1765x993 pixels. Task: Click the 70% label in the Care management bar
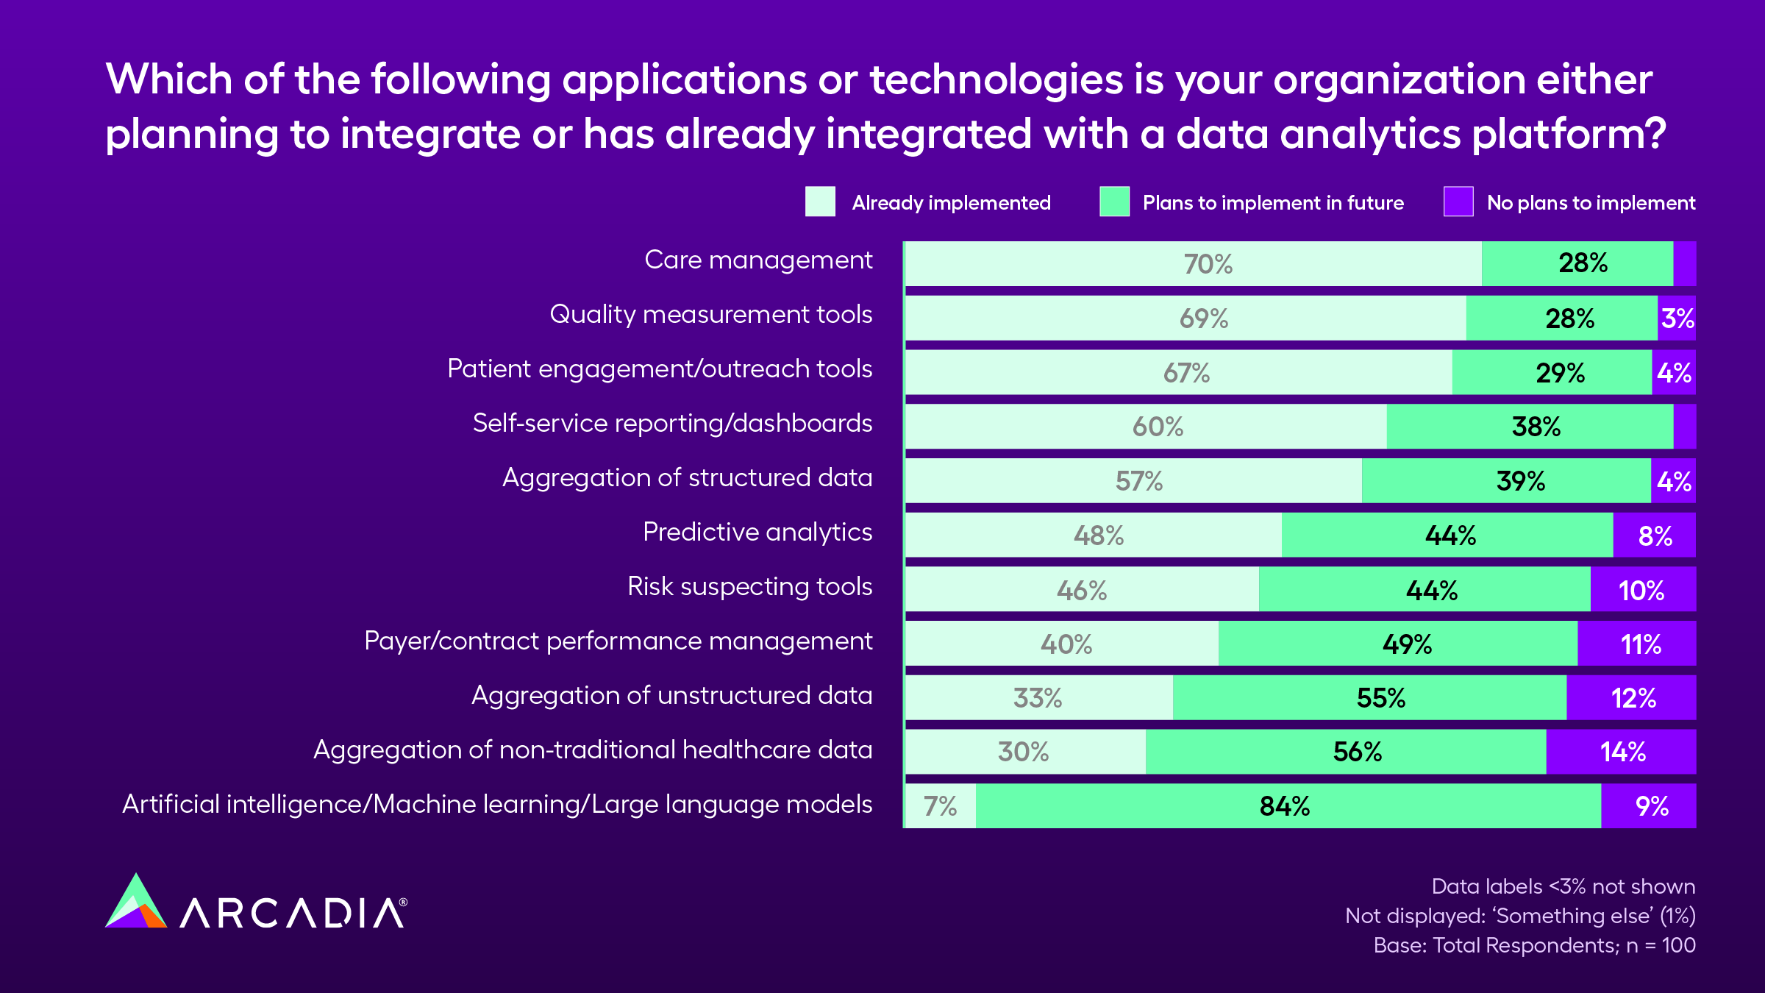coord(1208,264)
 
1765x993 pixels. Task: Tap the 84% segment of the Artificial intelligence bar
coord(1285,806)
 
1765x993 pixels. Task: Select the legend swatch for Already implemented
coord(820,202)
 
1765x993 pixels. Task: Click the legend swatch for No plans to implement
coord(1458,202)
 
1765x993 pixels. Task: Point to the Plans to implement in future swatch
coord(1114,202)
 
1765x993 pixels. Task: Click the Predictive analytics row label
coord(757,532)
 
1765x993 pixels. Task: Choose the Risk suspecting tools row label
coord(749,586)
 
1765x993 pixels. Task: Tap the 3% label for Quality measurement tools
coord(1677,318)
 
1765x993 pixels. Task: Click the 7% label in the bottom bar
coord(940,806)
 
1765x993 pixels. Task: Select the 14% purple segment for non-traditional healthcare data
coord(1622,752)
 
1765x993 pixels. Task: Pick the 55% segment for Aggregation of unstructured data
coord(1380,698)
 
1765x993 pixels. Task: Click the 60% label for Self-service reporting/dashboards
coord(1158,427)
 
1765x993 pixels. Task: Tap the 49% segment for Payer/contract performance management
coord(1407,644)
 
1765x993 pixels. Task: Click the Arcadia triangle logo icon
coord(136,904)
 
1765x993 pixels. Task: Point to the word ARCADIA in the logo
coord(293,914)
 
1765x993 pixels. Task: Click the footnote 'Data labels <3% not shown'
coord(1563,886)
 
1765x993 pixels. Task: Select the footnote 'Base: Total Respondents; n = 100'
coord(1534,945)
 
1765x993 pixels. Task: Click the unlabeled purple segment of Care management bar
coord(1685,263)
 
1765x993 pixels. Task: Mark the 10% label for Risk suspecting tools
coord(1641,591)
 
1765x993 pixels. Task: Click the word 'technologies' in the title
coord(996,79)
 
